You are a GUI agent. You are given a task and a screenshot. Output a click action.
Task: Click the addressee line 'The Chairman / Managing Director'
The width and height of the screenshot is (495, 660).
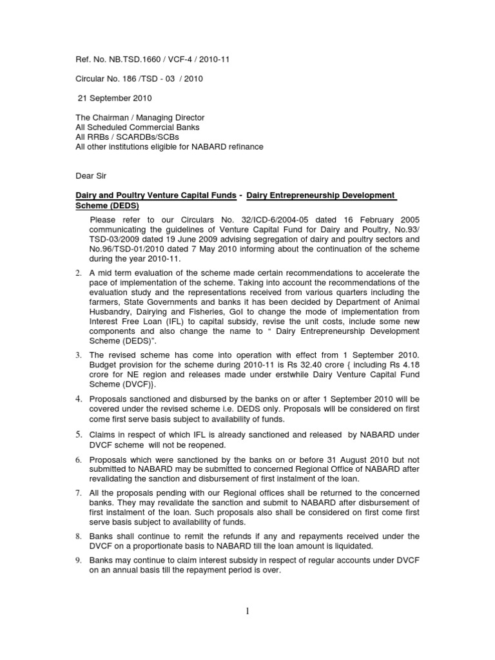click(140, 118)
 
